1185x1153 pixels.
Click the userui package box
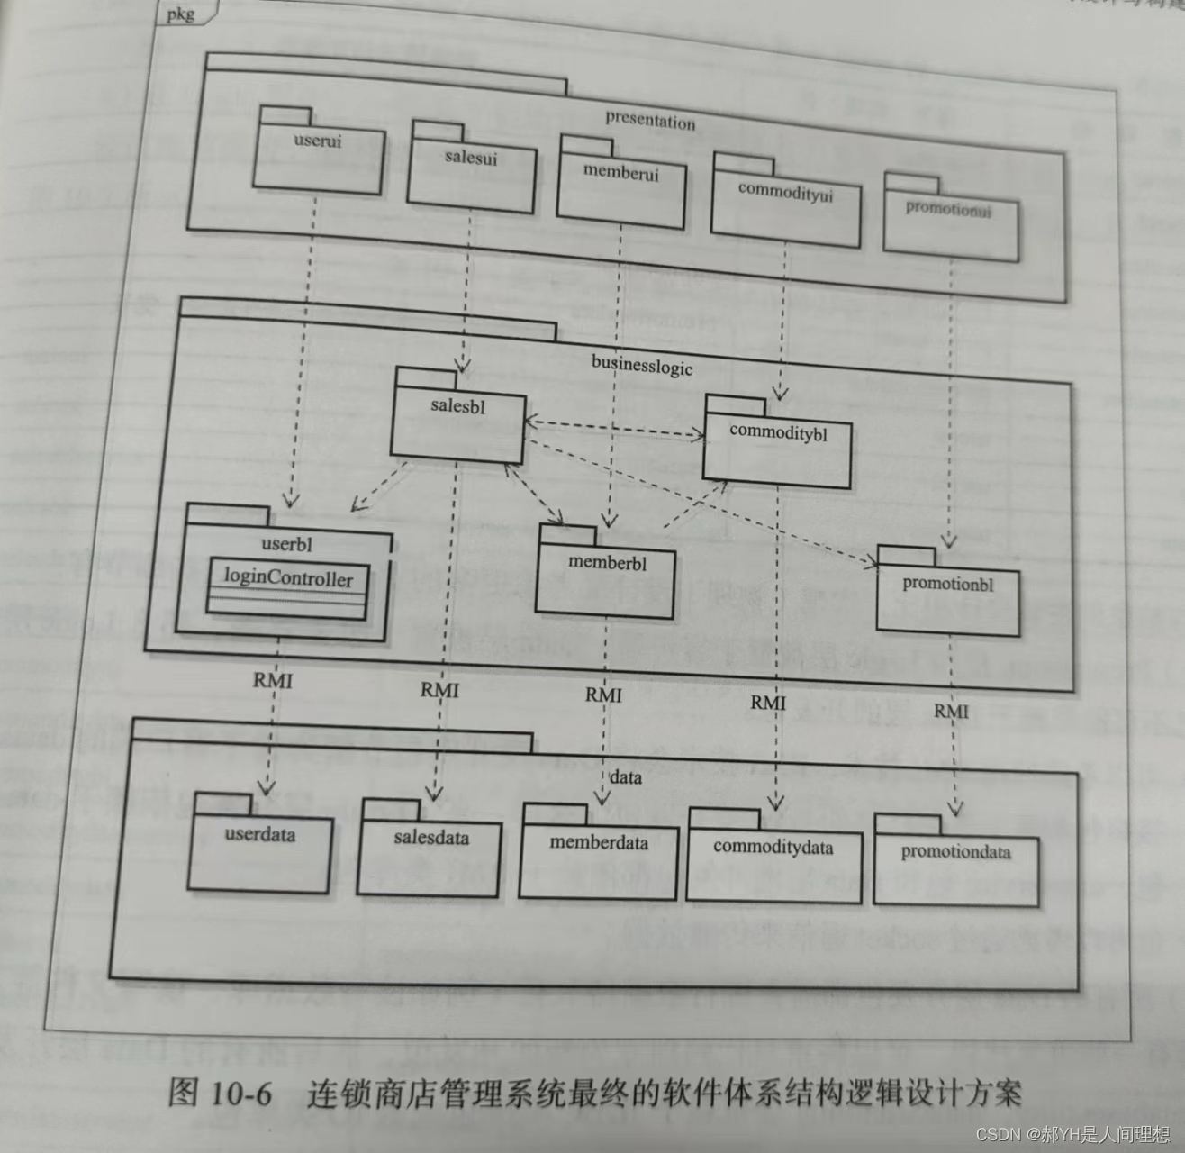[x=319, y=157]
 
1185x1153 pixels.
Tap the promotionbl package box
[x=947, y=597]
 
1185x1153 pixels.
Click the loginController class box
[x=287, y=587]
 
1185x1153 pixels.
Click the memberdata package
[x=599, y=858]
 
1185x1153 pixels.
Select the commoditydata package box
[x=773, y=863]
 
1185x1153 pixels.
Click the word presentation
[x=650, y=120]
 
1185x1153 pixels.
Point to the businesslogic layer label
[x=641, y=364]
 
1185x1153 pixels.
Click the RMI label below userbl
[x=272, y=680]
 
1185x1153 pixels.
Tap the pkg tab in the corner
[x=180, y=14]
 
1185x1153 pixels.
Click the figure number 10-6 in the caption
[x=240, y=1093]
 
